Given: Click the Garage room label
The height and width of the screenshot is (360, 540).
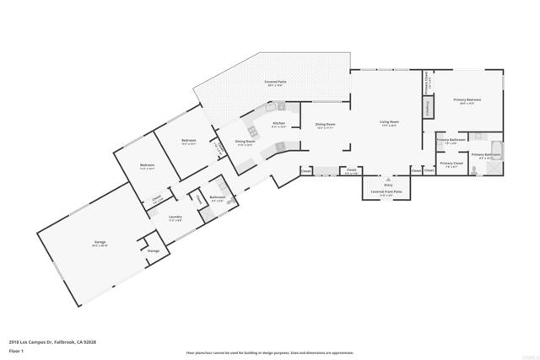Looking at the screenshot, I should (100, 243).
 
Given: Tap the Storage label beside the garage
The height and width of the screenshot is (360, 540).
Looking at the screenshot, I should (153, 251).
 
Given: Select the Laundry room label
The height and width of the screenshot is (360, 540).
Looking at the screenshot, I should (175, 218).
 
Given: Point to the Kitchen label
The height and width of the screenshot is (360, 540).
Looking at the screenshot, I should (278, 123).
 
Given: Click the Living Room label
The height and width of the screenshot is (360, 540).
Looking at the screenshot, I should (389, 123).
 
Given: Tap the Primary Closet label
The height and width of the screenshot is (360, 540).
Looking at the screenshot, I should (451, 163).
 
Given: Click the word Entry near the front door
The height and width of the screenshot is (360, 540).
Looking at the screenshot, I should (387, 185).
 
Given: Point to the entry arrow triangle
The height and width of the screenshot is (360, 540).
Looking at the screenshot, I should (387, 179).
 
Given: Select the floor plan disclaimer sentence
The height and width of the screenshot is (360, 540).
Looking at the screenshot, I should (270, 352).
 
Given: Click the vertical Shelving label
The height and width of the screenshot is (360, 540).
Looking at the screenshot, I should (429, 108).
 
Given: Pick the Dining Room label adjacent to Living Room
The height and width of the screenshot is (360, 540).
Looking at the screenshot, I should (326, 125).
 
